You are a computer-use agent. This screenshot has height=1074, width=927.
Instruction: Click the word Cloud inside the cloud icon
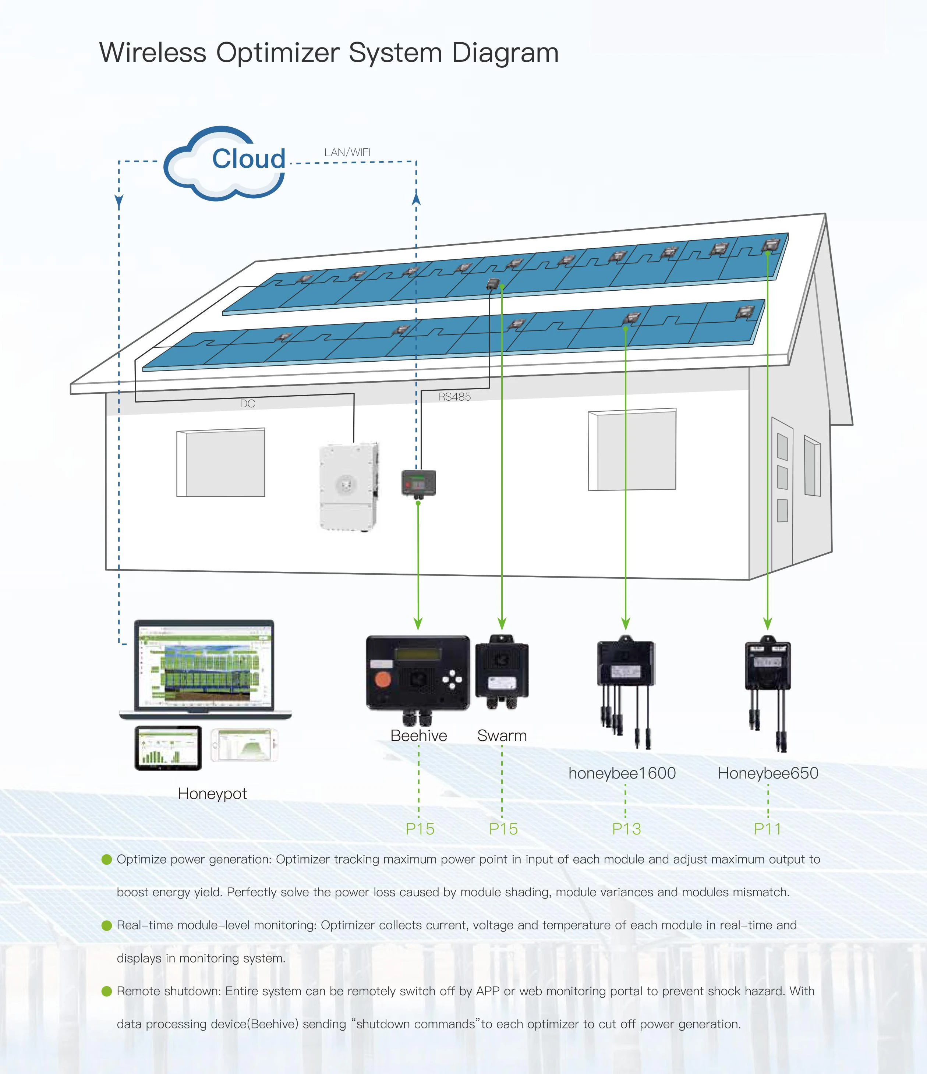(248, 159)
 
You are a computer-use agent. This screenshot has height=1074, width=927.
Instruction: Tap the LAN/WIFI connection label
(347, 152)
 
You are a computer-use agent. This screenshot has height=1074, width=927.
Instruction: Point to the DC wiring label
(247, 404)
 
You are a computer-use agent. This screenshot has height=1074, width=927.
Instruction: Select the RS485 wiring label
(454, 397)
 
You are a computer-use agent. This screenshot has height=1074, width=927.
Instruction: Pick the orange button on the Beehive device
(383, 680)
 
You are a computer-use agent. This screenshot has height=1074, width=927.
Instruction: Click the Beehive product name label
(418, 736)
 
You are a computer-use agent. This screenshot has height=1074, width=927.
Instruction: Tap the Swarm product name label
(502, 736)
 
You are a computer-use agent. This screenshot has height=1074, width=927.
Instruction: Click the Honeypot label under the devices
(212, 794)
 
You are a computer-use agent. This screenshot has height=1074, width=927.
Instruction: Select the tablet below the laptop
(168, 747)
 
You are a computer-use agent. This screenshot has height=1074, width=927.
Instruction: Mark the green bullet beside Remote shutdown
(107, 991)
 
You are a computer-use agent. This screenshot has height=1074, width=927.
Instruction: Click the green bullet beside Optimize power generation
(107, 859)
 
